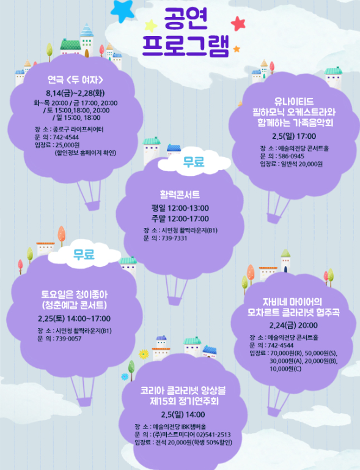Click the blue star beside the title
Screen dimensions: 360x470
122,11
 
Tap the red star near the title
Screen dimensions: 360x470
238,24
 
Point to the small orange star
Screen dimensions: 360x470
237,48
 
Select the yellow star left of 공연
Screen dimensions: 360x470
151,26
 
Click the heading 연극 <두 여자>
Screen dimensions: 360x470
75,79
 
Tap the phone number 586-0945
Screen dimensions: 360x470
291,156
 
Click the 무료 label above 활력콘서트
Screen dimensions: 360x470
194,162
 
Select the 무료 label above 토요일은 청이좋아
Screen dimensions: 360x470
84,254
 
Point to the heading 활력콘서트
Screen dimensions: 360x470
180,195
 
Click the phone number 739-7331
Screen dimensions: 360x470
174,238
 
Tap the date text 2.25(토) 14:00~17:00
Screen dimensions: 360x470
75,318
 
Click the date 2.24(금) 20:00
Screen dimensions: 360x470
293,325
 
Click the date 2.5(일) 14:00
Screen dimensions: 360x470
183,414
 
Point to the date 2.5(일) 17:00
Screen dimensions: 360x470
294,136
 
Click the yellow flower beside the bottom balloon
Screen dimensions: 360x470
144,354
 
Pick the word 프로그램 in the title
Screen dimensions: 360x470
186,46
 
